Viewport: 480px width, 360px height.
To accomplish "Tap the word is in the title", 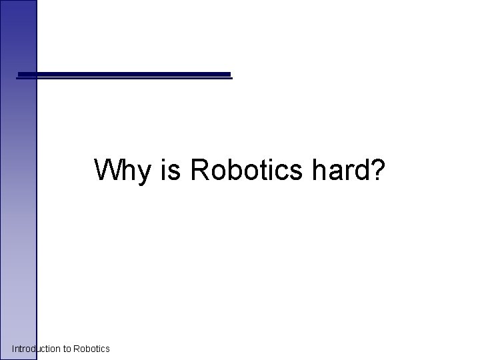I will (172, 170).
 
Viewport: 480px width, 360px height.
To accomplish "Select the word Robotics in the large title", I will (246, 170).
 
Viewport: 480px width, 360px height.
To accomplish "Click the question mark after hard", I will (376, 170).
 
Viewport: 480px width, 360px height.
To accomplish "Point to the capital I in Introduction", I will (13, 349).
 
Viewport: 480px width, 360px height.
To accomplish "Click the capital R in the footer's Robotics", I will (76, 349).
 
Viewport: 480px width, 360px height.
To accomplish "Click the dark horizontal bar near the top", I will (124, 75).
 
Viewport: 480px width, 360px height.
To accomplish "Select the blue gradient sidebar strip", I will (18, 200).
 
